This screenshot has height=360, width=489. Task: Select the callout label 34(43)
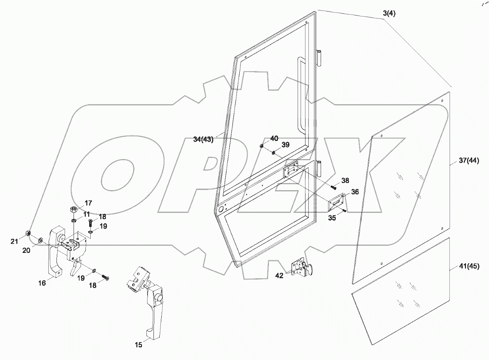pos(203,139)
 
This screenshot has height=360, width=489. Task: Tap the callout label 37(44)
pos(469,161)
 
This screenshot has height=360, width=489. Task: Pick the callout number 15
pos(138,345)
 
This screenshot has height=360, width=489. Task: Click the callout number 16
pos(42,283)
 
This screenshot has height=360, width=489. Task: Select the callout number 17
pos(88,203)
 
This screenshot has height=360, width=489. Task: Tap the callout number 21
pos(14,242)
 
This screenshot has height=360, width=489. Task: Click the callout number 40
pos(274,138)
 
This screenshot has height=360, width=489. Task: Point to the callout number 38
pos(345,180)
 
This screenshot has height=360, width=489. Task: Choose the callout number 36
pos(355,192)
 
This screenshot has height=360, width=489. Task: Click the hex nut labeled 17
pos(74,210)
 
